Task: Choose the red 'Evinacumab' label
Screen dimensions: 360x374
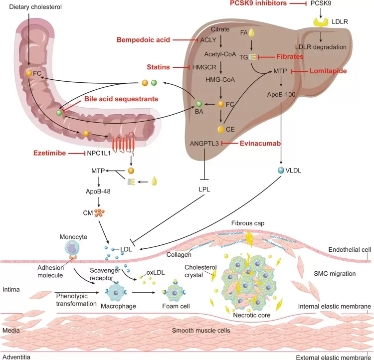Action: (258, 143)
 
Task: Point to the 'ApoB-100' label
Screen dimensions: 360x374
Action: (281, 93)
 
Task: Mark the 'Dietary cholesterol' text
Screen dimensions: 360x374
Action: (30, 5)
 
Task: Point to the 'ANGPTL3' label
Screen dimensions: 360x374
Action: (204, 143)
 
